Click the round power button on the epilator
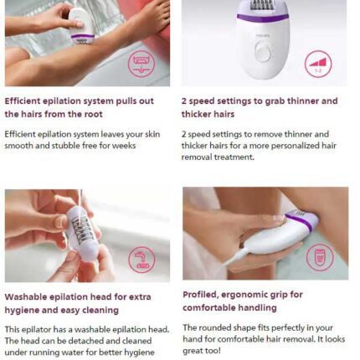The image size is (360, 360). [x=264, y=51]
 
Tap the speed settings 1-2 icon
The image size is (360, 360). [x=318, y=64]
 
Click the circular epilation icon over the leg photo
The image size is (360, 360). [x=141, y=64]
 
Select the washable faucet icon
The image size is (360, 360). [x=141, y=260]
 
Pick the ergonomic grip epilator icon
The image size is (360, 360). [x=320, y=257]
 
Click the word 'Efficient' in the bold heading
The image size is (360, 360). [x=23, y=100]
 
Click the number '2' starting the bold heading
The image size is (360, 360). [x=184, y=100]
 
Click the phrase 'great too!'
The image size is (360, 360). [x=202, y=351]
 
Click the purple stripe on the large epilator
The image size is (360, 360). [x=262, y=18]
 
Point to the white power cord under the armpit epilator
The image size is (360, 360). [x=235, y=256]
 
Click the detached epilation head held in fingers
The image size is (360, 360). [x=83, y=233]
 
